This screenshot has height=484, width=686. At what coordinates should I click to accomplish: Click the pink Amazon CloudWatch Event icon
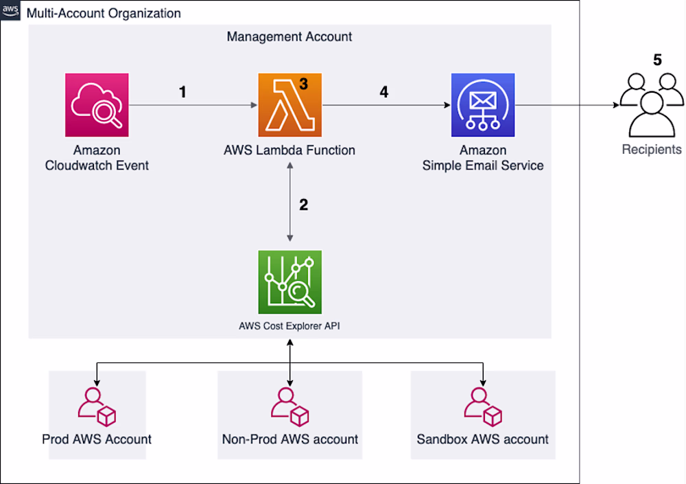click(x=97, y=106)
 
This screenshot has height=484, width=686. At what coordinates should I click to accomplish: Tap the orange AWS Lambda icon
click(x=289, y=106)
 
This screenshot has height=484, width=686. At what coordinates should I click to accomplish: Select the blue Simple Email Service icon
click(x=483, y=106)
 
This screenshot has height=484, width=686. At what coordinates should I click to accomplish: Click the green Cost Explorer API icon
click(x=289, y=282)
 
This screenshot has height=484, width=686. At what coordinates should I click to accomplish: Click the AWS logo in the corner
click(x=11, y=12)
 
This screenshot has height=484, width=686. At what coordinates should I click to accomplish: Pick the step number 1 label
click(x=182, y=91)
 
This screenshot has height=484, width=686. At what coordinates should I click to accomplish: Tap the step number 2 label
click(x=304, y=205)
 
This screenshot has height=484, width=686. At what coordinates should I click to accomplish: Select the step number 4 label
click(x=384, y=91)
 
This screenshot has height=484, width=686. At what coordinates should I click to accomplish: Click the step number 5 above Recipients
click(x=657, y=60)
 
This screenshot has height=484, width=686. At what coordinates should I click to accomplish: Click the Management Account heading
click(x=289, y=36)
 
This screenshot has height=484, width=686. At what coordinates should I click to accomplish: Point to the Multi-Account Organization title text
click(x=104, y=13)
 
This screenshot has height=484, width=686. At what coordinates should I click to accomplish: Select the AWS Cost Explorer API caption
click(x=289, y=326)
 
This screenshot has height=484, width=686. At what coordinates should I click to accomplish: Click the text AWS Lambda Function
click(x=289, y=150)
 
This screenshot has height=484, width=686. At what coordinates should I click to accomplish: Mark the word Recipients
click(x=652, y=150)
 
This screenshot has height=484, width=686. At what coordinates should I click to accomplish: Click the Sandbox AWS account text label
click(x=483, y=439)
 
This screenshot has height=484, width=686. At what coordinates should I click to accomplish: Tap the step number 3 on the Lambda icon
click(x=303, y=84)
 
